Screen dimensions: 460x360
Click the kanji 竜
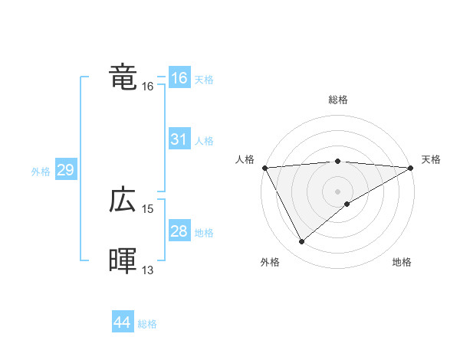(x=123, y=77)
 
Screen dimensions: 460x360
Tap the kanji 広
(x=123, y=201)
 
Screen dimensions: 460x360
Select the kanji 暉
(x=123, y=262)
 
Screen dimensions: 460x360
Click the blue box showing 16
(x=179, y=78)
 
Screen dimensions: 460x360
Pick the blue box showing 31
(x=179, y=139)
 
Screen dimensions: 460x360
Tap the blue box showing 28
(x=179, y=231)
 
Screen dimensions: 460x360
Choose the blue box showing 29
(x=65, y=170)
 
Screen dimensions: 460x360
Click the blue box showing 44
(x=122, y=322)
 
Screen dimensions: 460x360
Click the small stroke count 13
(x=148, y=270)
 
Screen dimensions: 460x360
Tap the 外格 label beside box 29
(x=41, y=172)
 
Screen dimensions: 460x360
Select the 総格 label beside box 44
(x=147, y=324)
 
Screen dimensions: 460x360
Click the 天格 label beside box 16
(x=204, y=80)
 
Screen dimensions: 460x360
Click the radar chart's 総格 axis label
(x=337, y=100)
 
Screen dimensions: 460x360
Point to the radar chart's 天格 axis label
(x=431, y=159)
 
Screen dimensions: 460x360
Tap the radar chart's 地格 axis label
(x=402, y=263)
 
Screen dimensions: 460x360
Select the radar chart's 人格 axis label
(x=245, y=159)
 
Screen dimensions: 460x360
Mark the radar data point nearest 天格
(x=411, y=167)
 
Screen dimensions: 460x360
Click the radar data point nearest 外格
(x=302, y=242)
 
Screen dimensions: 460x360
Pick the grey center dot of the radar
(x=337, y=190)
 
